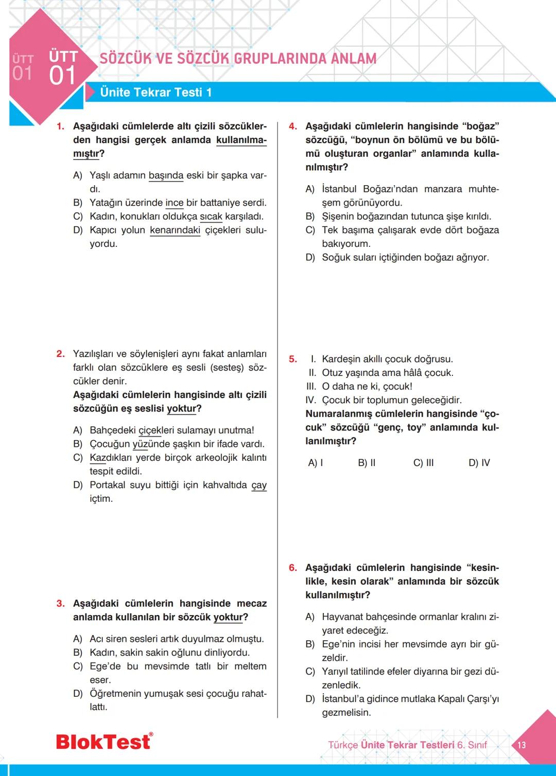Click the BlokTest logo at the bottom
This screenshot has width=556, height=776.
click(x=104, y=742)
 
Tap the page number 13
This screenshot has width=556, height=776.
click(x=522, y=745)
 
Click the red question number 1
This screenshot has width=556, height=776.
click(x=60, y=127)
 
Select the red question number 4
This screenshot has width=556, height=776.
click(x=292, y=127)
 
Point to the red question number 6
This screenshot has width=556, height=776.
click(x=292, y=568)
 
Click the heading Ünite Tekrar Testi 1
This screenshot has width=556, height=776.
click(x=155, y=93)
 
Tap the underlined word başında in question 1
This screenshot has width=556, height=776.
click(x=166, y=175)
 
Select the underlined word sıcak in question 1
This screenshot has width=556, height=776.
click(x=211, y=216)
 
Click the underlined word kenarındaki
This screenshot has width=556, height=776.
click(x=175, y=230)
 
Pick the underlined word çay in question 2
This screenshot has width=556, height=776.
click(x=259, y=485)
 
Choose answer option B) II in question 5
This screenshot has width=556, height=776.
click(x=367, y=463)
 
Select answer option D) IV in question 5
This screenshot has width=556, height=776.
click(x=479, y=463)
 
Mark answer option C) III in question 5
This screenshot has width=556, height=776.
click(x=423, y=463)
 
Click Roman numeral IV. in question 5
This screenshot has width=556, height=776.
click(x=311, y=400)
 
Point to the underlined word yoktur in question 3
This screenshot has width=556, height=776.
click(x=228, y=617)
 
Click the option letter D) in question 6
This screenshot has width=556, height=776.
click(x=310, y=699)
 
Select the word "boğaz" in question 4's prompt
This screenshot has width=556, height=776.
click(x=481, y=127)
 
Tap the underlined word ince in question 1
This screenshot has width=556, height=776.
click(x=175, y=203)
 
